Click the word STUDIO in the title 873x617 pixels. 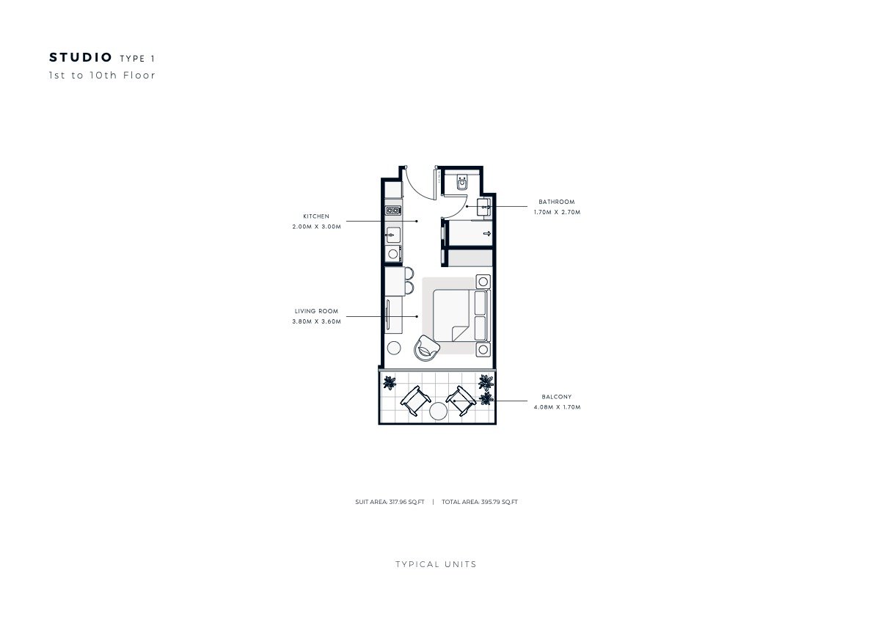pyautogui.click(x=81, y=57)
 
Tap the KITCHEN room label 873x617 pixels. pyautogui.click(x=316, y=216)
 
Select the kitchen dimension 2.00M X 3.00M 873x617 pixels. pyautogui.click(x=316, y=227)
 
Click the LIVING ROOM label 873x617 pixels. pyautogui.click(x=316, y=311)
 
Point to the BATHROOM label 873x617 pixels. pyautogui.click(x=556, y=202)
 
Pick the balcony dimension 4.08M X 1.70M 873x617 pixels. pyautogui.click(x=557, y=407)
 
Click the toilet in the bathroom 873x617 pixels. pyautogui.click(x=462, y=181)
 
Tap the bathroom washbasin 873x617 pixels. pyautogui.click(x=484, y=207)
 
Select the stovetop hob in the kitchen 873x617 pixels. pyautogui.click(x=393, y=210)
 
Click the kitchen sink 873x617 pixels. pyautogui.click(x=393, y=235)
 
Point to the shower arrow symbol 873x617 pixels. pyautogui.click(x=487, y=234)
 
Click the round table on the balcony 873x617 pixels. pyautogui.click(x=438, y=411)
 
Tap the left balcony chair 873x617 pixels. pyautogui.click(x=414, y=401)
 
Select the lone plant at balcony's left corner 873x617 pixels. pyautogui.click(x=390, y=382)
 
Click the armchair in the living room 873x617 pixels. pyautogui.click(x=426, y=348)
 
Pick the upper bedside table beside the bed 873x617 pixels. pyautogui.click(x=483, y=282)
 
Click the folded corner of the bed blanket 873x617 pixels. pyautogui.click(x=461, y=333)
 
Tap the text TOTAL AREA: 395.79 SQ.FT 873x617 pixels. pyautogui.click(x=479, y=502)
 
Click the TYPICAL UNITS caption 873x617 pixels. pyautogui.click(x=436, y=564)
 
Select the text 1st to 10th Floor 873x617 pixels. pyautogui.click(x=103, y=75)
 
